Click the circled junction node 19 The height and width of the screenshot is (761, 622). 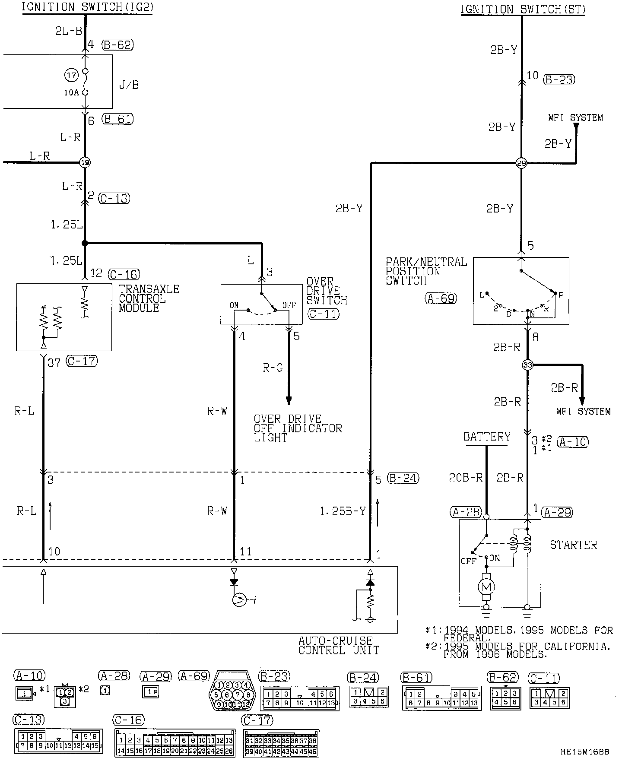pyautogui.click(x=85, y=163)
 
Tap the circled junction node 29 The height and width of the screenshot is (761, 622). pyautogui.click(x=522, y=163)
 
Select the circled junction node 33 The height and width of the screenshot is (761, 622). pyautogui.click(x=527, y=365)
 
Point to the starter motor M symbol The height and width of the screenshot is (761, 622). pyautogui.click(x=486, y=586)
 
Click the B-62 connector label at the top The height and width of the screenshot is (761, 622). pyautogui.click(x=118, y=44)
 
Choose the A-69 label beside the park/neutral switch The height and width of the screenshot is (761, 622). pyautogui.click(x=441, y=298)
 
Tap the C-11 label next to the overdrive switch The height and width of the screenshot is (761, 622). pyautogui.click(x=324, y=314)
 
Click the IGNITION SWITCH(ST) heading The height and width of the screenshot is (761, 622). pyautogui.click(x=523, y=9)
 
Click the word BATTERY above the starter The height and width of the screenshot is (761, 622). pyautogui.click(x=487, y=437)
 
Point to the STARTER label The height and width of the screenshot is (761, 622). pyautogui.click(x=573, y=545)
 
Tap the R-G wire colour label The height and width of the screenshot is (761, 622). pyautogui.click(x=273, y=368)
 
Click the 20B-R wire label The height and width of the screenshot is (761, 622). pyautogui.click(x=466, y=478)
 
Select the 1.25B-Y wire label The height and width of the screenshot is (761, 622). pyautogui.click(x=343, y=511)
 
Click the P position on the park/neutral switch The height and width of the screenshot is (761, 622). pyautogui.click(x=561, y=295)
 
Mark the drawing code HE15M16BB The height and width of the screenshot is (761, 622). pyautogui.click(x=585, y=752)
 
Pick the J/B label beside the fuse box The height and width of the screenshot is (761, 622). pyautogui.click(x=129, y=85)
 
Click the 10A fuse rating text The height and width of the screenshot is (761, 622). pyautogui.click(x=71, y=92)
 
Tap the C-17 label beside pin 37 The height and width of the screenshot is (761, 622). pyautogui.click(x=82, y=361)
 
